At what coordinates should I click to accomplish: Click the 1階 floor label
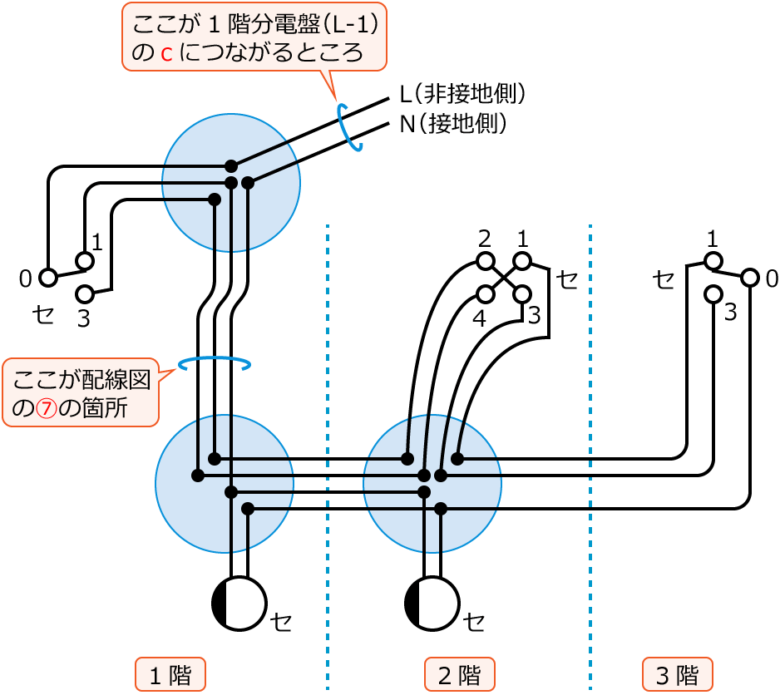170,674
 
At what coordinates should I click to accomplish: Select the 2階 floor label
459,674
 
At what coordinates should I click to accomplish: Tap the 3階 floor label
677,674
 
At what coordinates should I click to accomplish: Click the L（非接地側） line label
462,93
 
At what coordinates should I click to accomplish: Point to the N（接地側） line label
453,125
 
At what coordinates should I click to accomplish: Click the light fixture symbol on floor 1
239,603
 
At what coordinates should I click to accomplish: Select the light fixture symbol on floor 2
432,603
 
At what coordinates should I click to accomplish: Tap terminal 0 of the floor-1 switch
48,278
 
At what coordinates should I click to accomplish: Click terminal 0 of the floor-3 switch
750,278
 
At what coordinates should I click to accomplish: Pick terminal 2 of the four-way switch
486,261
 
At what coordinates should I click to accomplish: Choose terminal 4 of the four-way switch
486,294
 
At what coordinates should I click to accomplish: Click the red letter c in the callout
166,54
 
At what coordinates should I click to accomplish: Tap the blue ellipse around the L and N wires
349,127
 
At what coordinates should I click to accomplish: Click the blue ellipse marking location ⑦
215,363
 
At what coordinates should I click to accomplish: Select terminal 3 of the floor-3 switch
713,294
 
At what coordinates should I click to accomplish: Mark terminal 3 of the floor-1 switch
85,294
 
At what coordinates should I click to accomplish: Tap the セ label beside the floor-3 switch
664,279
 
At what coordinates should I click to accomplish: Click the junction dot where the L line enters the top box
231,166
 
